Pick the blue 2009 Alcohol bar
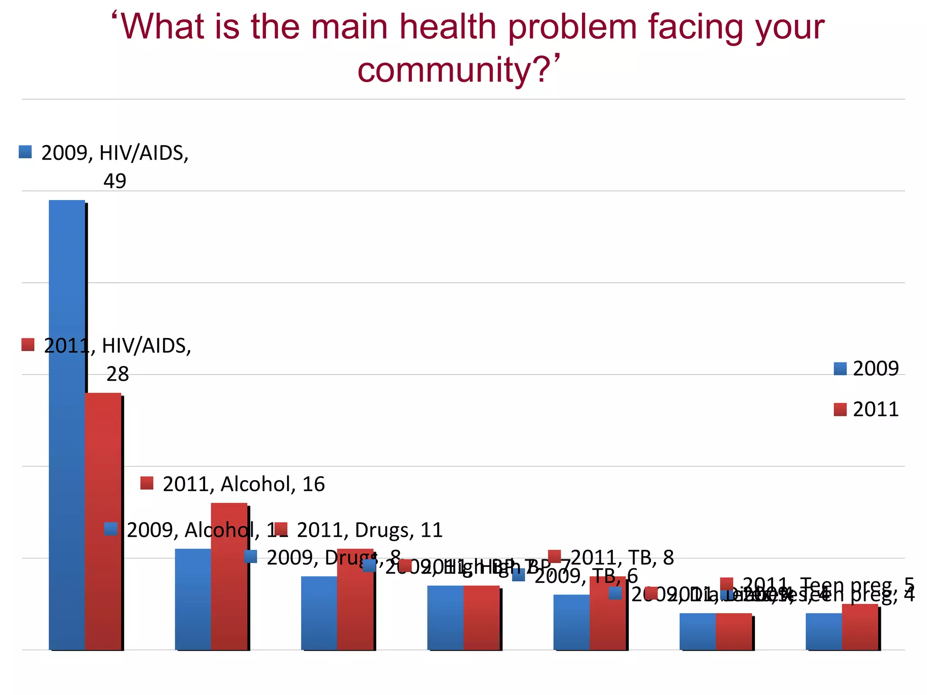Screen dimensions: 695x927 (x=193, y=599)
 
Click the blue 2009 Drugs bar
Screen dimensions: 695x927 (x=319, y=613)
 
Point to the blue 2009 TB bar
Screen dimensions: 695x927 (x=571, y=622)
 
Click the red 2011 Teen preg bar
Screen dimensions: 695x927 (x=860, y=627)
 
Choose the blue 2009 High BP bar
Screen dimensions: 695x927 (x=445, y=618)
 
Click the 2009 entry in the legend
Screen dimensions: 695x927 (x=866, y=368)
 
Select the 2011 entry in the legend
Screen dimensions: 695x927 (x=866, y=409)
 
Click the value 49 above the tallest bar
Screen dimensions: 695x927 (x=115, y=181)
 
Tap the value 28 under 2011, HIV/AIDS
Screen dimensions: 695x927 (x=117, y=374)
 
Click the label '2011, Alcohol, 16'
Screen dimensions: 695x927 (x=243, y=484)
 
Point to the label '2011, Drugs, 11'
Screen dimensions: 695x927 (x=369, y=530)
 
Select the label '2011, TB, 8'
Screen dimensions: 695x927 (x=621, y=557)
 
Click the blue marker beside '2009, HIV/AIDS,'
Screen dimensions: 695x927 (x=25, y=152)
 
